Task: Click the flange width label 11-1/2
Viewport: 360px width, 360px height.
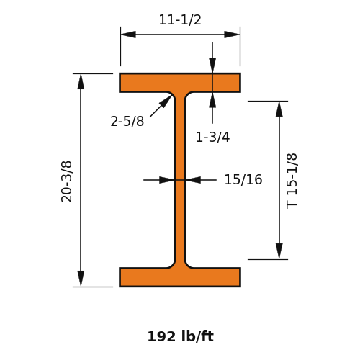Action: (180, 19)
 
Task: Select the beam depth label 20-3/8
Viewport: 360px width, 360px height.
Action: (66, 181)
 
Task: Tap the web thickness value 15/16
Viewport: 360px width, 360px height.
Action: (243, 179)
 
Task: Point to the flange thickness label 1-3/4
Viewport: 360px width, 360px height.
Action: (212, 138)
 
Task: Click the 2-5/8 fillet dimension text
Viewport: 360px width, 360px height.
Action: (127, 121)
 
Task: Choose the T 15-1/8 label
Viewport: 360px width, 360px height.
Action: (292, 181)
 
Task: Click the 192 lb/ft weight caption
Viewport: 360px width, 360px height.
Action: (181, 336)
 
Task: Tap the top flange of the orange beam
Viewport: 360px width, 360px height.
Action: (180, 83)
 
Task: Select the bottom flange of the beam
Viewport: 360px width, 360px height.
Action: (180, 277)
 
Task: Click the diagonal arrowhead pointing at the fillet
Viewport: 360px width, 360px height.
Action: (166, 101)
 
